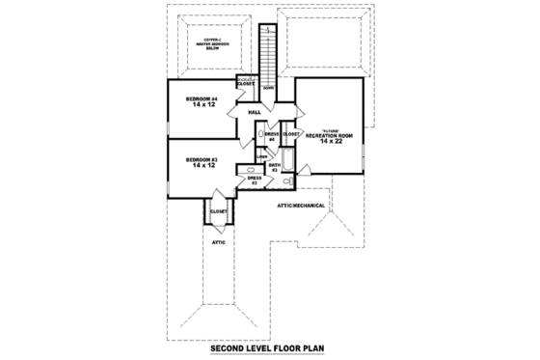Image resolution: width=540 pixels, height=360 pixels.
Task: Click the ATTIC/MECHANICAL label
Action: (301, 206)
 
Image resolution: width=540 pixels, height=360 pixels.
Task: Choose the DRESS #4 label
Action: (272, 137)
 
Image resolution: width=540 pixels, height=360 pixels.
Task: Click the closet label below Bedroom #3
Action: (218, 212)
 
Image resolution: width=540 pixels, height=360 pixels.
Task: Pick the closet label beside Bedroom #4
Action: (246, 84)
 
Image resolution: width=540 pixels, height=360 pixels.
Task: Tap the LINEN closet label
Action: (260, 155)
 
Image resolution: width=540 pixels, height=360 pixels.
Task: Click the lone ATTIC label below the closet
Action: (218, 242)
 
